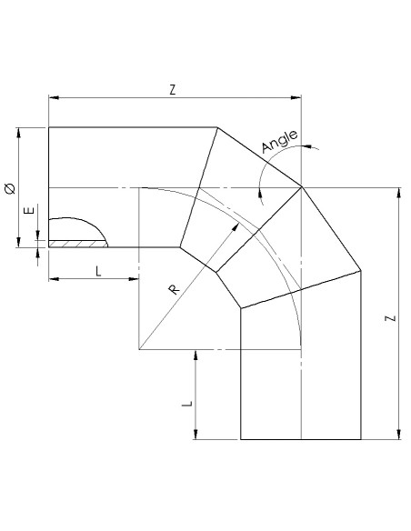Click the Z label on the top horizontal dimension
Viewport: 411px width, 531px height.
tap(172, 88)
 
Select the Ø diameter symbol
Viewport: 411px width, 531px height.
tap(9, 188)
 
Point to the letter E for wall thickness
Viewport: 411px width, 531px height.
tap(29, 211)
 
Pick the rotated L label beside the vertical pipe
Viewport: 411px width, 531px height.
tap(186, 404)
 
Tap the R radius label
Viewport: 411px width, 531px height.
tap(173, 288)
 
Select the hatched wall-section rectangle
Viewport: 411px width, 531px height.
tap(77, 244)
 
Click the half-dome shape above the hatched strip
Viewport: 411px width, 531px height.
tap(75, 230)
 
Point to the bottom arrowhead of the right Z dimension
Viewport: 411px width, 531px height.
tap(397, 435)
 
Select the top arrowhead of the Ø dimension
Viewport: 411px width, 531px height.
tap(18, 131)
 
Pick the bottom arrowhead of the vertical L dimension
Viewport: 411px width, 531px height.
tap(195, 435)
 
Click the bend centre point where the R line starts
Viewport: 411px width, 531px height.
tap(139, 348)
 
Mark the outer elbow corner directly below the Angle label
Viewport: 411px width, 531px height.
tap(301, 187)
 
